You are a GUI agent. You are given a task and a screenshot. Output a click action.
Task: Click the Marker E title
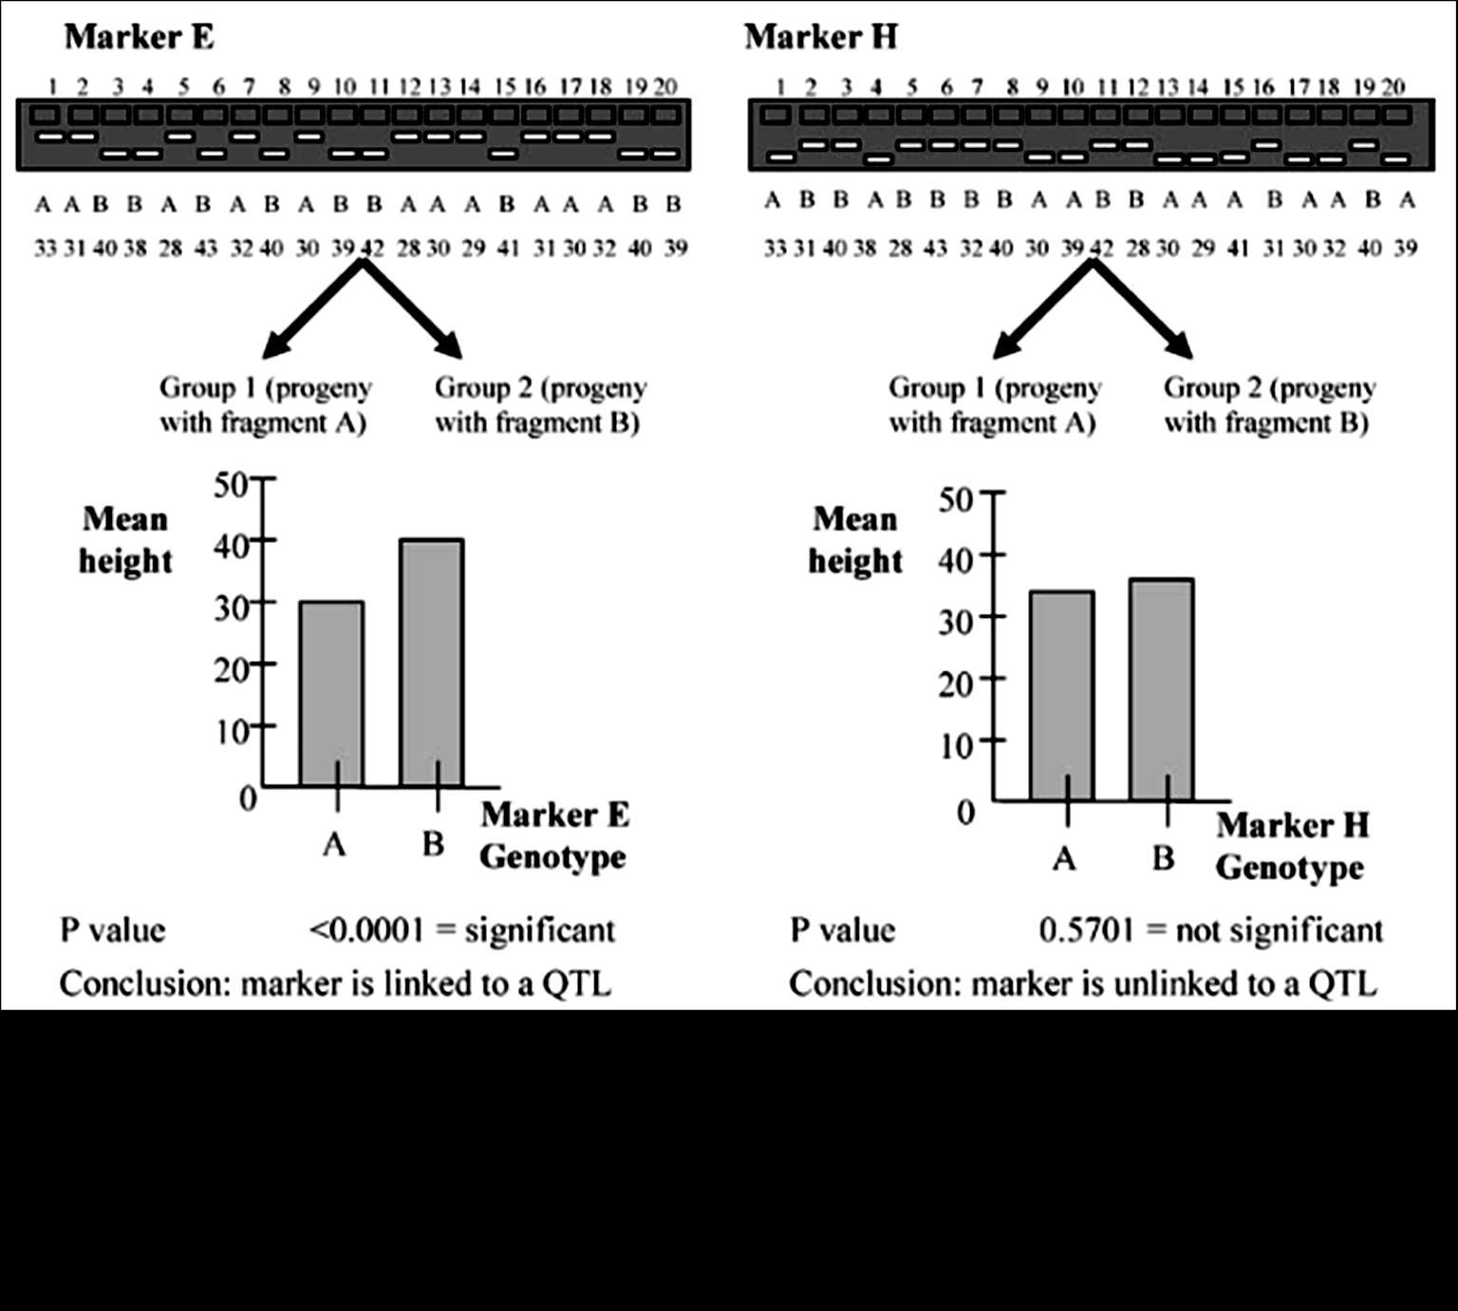[139, 37]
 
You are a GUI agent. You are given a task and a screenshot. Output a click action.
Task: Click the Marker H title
[820, 37]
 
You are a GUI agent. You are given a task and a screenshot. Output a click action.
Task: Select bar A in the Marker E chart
[331, 693]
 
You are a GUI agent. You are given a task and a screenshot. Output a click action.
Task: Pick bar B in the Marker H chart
[1162, 689]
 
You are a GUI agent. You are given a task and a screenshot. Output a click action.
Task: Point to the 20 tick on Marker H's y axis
[993, 679]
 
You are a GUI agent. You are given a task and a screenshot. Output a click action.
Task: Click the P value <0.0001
[365, 929]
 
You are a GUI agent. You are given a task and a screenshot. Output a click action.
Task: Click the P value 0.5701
[1086, 929]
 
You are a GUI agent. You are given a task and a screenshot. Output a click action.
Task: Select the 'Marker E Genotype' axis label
[553, 835]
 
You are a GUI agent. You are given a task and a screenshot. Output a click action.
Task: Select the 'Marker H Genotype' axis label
[1291, 845]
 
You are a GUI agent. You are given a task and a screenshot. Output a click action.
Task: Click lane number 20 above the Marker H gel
[1393, 87]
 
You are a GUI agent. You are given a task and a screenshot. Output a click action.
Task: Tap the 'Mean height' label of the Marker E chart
[125, 539]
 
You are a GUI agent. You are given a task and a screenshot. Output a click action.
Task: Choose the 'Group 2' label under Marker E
[540, 404]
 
